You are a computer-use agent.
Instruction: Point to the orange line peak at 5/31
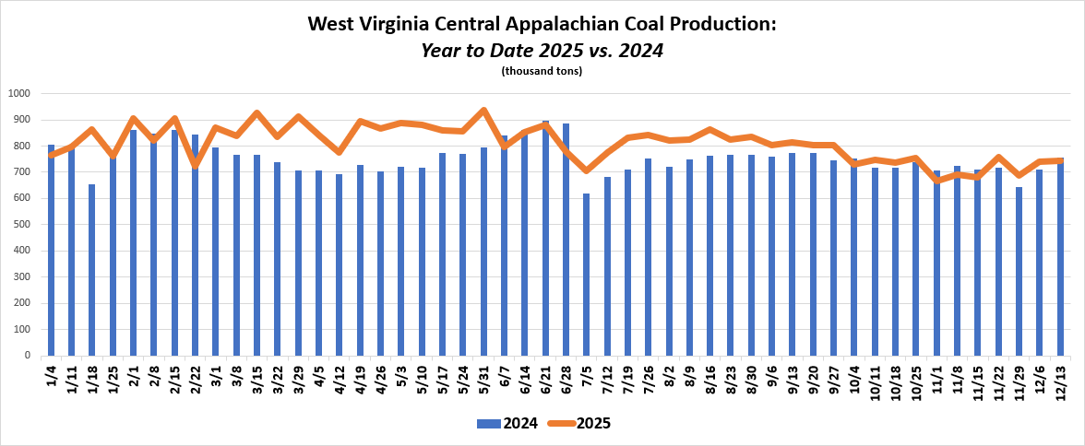point(484,110)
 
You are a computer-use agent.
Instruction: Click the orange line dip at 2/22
point(195,165)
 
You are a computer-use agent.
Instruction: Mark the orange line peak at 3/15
point(256,112)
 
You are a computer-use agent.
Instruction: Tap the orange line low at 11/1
point(937,181)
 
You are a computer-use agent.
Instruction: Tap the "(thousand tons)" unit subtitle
point(542,71)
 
